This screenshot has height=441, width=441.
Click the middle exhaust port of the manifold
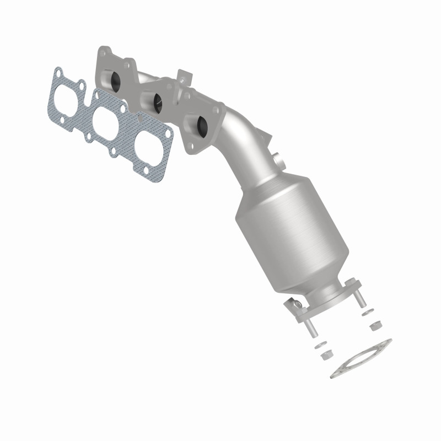157,102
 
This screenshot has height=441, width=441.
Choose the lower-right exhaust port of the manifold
202,126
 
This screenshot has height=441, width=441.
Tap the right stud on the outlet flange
361,298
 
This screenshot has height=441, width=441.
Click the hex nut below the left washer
327,353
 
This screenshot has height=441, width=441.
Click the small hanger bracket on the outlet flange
295,305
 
